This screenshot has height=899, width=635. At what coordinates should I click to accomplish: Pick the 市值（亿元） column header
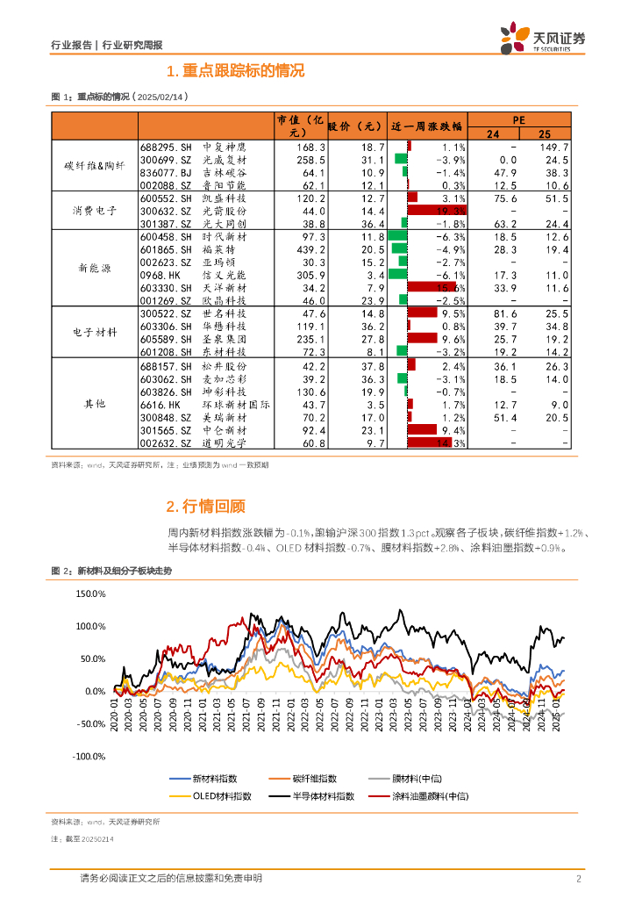pyautogui.click(x=301, y=126)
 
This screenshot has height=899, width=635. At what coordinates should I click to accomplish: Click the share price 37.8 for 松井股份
pyautogui.click(x=372, y=366)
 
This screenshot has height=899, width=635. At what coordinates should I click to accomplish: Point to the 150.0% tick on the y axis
pyautogui.click(x=91, y=594)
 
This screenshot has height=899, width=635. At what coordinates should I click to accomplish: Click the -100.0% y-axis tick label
pyautogui.click(x=89, y=756)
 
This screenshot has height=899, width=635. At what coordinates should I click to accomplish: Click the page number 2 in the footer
pyautogui.click(x=579, y=879)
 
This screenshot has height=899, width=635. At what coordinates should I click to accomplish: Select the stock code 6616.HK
pyautogui.click(x=160, y=405)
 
